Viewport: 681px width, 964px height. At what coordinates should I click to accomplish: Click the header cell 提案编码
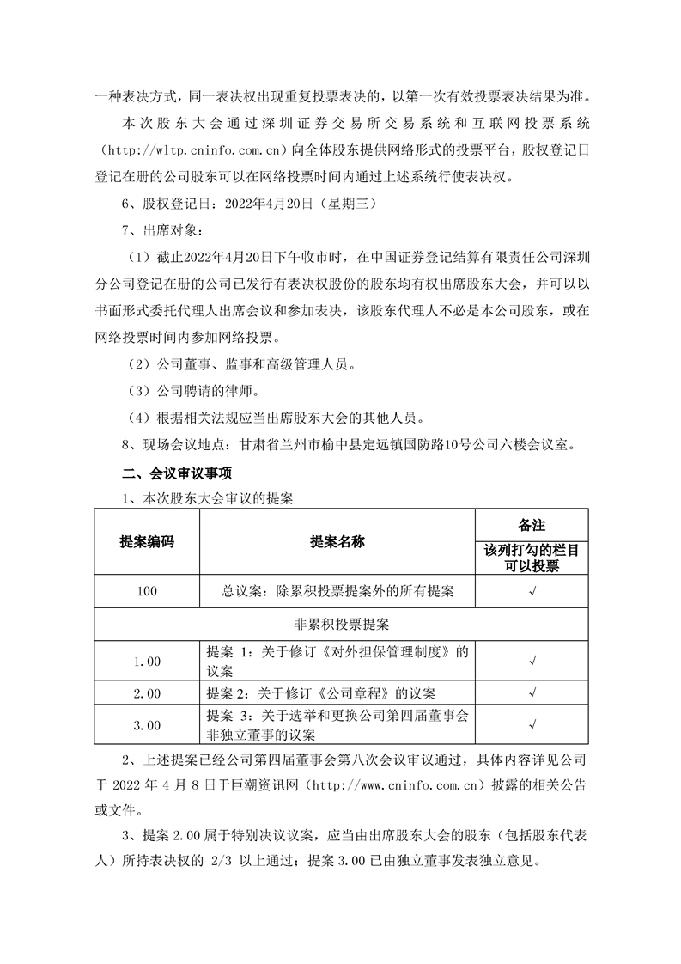pyautogui.click(x=147, y=542)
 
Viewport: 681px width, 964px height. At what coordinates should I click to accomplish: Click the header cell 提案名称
pyautogui.click(x=337, y=542)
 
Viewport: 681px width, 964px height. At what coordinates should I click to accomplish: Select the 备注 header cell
pyautogui.click(x=532, y=524)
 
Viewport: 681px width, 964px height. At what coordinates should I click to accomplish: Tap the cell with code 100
pyautogui.click(x=147, y=592)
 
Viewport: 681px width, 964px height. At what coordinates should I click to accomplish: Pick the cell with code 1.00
pyautogui.click(x=147, y=661)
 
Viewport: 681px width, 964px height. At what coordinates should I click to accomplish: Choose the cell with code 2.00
pyautogui.click(x=147, y=692)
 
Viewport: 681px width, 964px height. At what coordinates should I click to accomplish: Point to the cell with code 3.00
pyautogui.click(x=147, y=725)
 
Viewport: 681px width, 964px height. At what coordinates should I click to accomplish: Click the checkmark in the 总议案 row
pyautogui.click(x=532, y=592)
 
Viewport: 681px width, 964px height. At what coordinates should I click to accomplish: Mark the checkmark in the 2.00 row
pyautogui.click(x=532, y=692)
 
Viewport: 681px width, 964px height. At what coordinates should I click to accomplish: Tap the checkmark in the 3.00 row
pyautogui.click(x=532, y=725)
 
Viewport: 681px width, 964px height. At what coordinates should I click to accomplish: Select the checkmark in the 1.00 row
pyautogui.click(x=532, y=661)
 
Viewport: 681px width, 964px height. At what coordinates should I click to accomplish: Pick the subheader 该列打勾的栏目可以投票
pyautogui.click(x=532, y=558)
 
